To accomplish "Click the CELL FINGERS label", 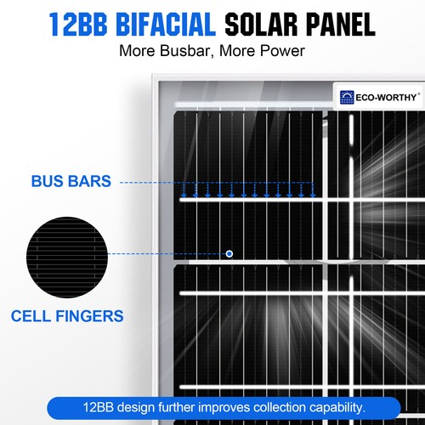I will click(67, 316).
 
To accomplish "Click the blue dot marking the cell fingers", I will click(229, 253).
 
